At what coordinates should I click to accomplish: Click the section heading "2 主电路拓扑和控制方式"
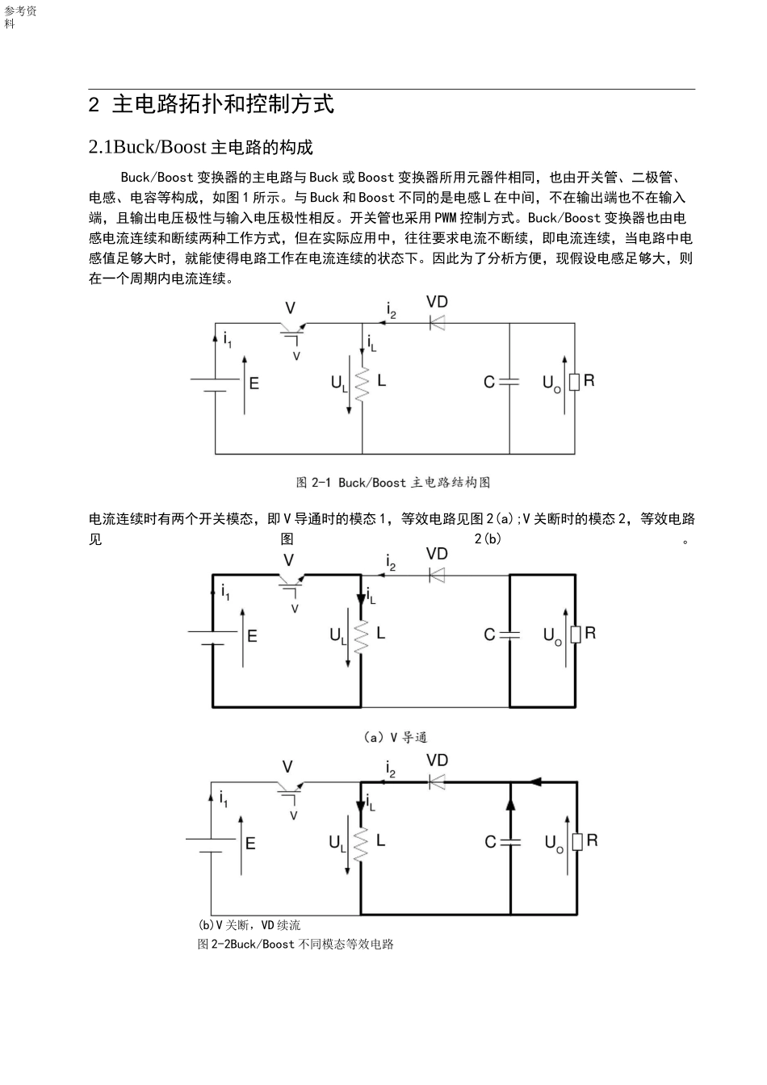(211, 105)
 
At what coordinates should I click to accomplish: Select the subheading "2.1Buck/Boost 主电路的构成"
(200, 147)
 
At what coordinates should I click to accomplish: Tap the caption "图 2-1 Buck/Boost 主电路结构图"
(393, 483)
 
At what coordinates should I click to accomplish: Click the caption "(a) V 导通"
(395, 737)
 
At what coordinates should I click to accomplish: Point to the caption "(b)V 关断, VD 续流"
(249, 925)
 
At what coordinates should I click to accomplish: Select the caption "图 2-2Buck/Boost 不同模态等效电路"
(295, 944)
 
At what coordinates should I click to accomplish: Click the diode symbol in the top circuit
(437, 323)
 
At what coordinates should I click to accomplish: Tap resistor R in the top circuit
(574, 382)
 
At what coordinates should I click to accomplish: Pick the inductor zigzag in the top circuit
(362, 382)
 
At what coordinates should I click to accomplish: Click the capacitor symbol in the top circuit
(509, 381)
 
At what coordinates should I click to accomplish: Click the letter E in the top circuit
(254, 383)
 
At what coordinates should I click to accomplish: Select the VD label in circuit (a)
(437, 554)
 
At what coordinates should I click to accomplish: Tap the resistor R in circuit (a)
(576, 635)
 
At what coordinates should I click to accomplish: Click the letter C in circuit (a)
(489, 635)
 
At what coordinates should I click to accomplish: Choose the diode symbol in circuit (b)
(437, 781)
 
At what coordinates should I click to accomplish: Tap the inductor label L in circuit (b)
(380, 840)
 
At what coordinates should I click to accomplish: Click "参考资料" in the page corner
(20, 17)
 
